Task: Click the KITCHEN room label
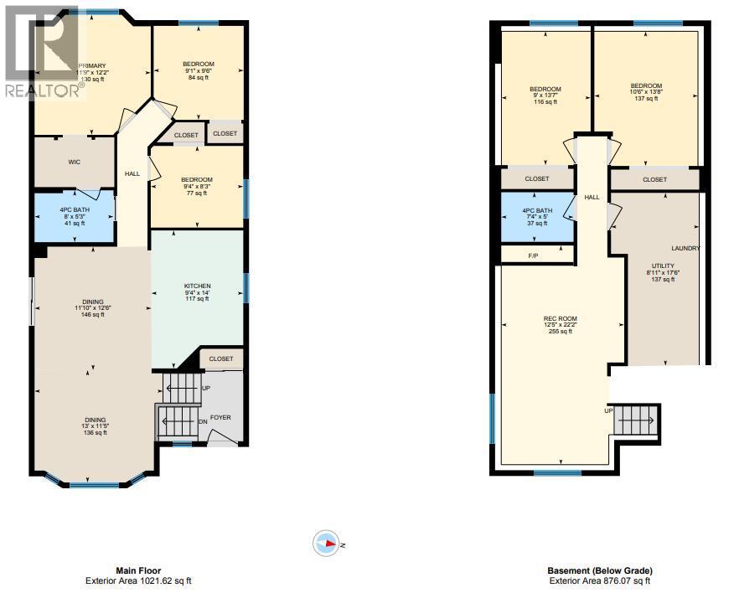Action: (198, 286)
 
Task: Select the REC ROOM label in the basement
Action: (561, 317)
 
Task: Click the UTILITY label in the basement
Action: (663, 266)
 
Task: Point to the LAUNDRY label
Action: (685, 249)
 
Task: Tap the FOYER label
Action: (220, 417)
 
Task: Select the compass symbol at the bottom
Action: (326, 544)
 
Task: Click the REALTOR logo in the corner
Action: (42, 50)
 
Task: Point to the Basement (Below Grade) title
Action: (599, 570)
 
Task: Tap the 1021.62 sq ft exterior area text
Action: (142, 580)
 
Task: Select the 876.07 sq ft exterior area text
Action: (599, 580)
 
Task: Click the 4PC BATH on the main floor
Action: (75, 216)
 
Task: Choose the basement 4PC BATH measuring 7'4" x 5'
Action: (537, 216)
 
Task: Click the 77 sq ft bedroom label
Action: (197, 186)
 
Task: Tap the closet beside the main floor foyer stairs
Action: (221, 358)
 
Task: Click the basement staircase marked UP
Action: (638, 418)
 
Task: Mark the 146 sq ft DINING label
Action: (92, 308)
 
